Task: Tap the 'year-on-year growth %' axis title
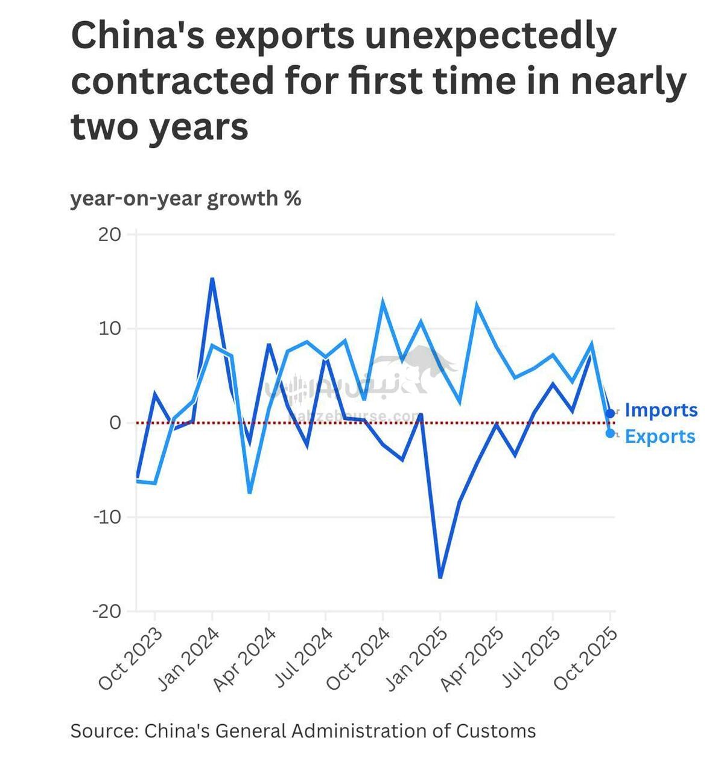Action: point(185,198)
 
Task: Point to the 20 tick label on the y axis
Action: point(109,234)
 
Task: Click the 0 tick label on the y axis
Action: point(115,423)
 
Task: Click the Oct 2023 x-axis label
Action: point(131,659)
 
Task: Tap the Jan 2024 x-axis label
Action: point(188,659)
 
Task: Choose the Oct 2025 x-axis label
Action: point(586,659)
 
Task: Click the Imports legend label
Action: point(661,410)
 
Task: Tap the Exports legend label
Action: point(660,436)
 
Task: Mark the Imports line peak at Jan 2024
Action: point(212,279)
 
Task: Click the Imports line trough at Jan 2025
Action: point(440,577)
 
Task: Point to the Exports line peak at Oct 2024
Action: point(383,301)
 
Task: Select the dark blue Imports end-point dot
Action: point(610,413)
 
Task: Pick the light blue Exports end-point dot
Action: point(610,433)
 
